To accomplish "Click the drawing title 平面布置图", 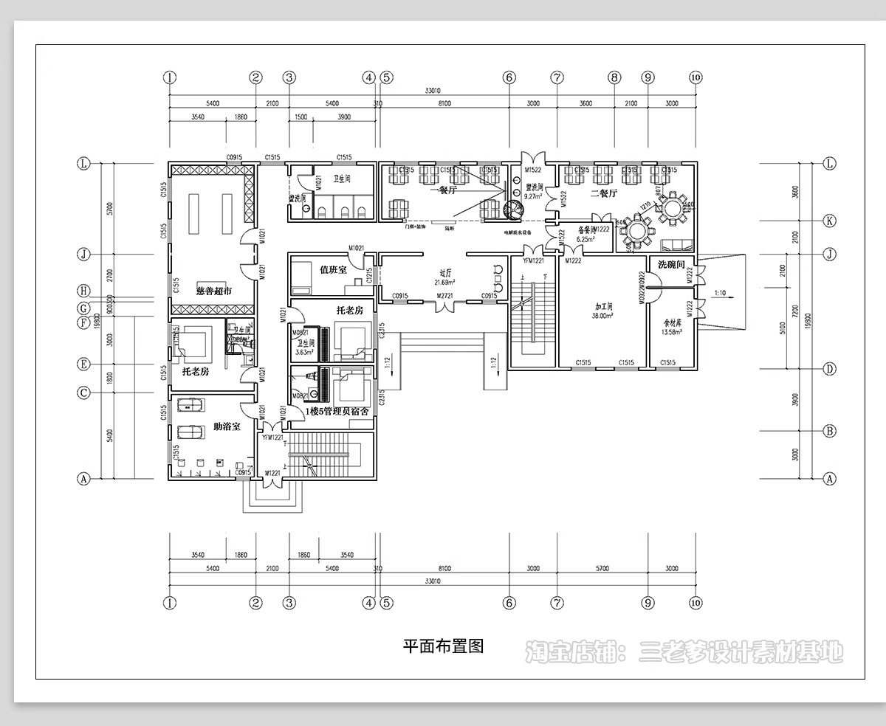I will click(443, 647).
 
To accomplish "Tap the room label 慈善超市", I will click(214, 291).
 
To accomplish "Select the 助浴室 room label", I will click(227, 426).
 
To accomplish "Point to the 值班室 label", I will click(333, 270).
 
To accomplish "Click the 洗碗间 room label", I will click(671, 264).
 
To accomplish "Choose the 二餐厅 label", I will click(604, 193).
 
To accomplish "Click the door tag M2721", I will click(444, 296).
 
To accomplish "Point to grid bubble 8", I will click(613, 77).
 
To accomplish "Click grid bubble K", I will click(830, 221).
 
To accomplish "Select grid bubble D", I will click(830, 368).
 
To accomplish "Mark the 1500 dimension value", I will click(301, 117).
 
